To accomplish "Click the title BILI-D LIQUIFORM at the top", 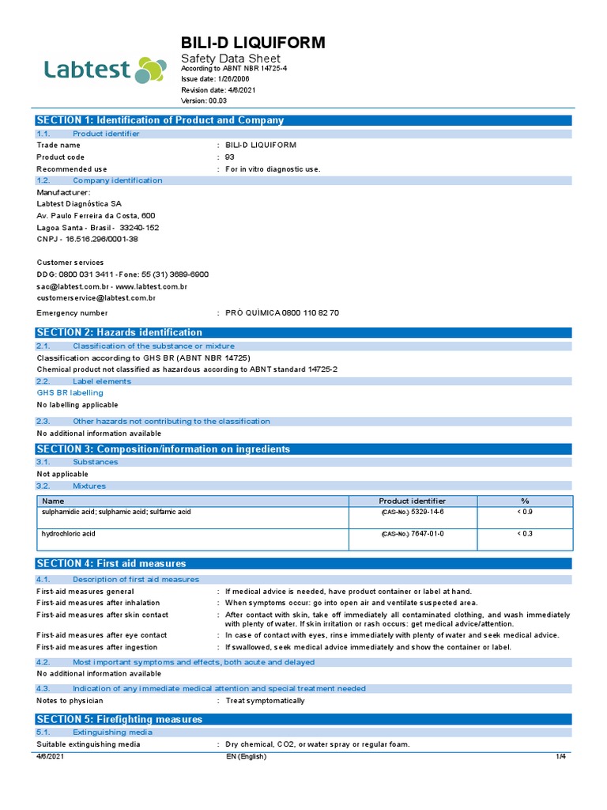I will [253, 43].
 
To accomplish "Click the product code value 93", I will [230, 157].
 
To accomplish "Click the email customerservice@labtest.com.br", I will [96, 298].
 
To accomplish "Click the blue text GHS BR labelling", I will [70, 392].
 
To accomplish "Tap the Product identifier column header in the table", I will [412, 501].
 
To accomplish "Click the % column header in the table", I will [524, 501].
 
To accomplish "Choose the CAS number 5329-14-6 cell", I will [412, 513].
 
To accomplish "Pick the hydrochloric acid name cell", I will [69, 534].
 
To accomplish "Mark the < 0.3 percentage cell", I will [524, 534].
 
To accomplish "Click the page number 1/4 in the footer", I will [562, 757].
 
